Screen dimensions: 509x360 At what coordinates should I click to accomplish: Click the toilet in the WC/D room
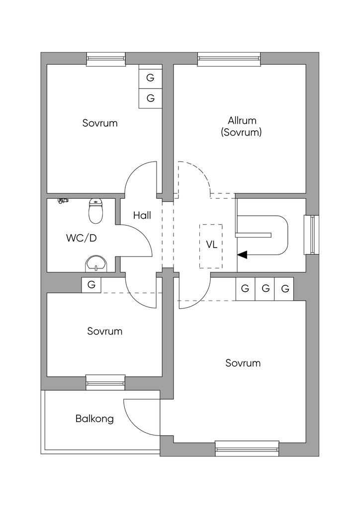coord(95,211)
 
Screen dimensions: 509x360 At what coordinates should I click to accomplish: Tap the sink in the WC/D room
coord(95,263)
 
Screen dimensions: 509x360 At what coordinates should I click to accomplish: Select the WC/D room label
coord(81,238)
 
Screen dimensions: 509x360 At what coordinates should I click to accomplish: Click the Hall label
coord(142,216)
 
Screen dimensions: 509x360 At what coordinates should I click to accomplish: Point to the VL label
coord(212,245)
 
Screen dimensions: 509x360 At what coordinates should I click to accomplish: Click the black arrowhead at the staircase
coord(242,254)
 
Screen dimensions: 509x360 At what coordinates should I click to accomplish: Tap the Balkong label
coord(94,419)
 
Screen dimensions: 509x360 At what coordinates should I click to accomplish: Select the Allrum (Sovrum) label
coord(242,126)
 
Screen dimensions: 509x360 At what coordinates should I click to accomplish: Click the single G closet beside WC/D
coord(91,285)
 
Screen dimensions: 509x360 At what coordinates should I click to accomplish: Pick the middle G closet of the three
coord(265,288)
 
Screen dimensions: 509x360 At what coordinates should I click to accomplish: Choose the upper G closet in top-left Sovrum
coord(150,78)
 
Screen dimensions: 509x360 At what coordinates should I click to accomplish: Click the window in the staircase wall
coord(312,235)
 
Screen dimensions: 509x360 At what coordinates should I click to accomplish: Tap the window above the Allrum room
coord(229,59)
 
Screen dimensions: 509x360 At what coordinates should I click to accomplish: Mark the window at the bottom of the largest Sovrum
coord(247,448)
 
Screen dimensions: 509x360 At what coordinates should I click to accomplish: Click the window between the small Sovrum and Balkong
coord(105,382)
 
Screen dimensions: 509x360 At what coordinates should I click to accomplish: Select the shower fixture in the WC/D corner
coord(62,201)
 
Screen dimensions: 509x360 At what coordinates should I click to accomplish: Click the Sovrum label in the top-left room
coord(100,123)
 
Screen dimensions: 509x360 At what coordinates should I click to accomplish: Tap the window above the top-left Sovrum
coord(106,59)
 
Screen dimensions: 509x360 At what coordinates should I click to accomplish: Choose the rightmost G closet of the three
coord(285,288)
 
